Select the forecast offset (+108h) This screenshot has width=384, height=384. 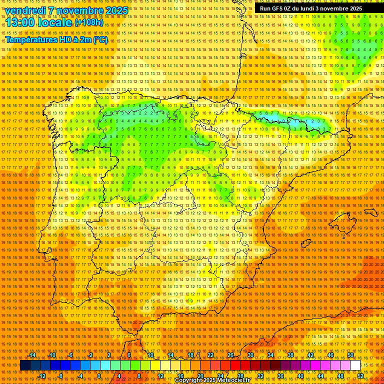pos(88,22)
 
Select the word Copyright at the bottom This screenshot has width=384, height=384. pos(189,380)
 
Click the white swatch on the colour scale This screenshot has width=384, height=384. pos(355,365)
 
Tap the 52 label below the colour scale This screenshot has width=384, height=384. pos(360,375)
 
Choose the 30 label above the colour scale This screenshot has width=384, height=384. pos(250,355)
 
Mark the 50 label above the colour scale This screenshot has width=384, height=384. pos(350,355)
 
